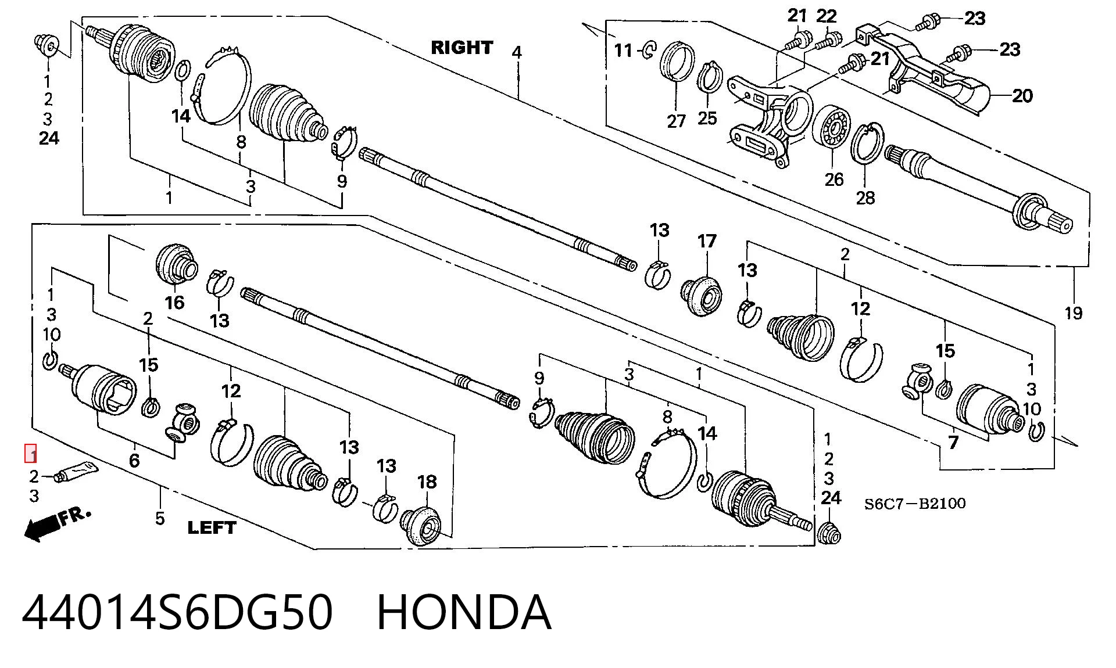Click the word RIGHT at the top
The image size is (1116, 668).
click(x=462, y=47)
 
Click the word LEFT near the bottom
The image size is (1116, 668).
click(x=212, y=527)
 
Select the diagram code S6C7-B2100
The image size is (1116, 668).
click(x=915, y=503)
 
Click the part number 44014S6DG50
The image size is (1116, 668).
click(x=177, y=612)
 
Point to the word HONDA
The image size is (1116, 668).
click(x=464, y=612)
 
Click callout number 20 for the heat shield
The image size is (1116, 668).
click(x=1022, y=96)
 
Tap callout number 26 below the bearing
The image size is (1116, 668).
click(x=834, y=179)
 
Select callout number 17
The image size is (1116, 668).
click(x=707, y=241)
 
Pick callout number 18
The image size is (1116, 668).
click(x=427, y=482)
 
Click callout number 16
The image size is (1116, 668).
click(x=174, y=302)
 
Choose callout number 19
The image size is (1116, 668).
click(x=1074, y=313)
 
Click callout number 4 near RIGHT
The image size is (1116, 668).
click(x=517, y=52)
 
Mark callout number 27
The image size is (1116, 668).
click(x=676, y=121)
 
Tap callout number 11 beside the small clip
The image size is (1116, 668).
click(x=623, y=51)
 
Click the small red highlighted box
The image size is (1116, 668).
click(x=30, y=453)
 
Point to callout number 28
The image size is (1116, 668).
click(x=865, y=198)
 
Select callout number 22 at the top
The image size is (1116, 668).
click(x=826, y=16)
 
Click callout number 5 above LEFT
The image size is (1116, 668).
click(x=160, y=518)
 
